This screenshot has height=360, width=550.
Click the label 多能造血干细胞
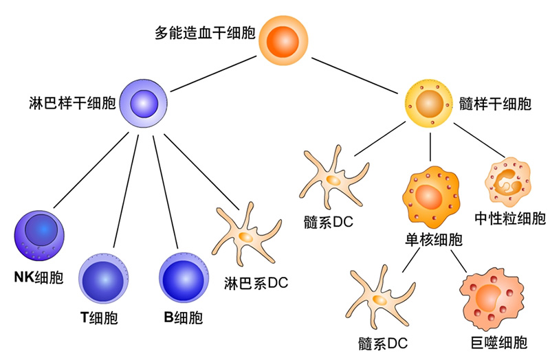tap(205, 33)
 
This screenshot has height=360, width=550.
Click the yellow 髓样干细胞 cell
tap(430, 104)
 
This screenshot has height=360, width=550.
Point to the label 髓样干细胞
tap(494, 104)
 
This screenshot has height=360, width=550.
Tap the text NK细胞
tap(38, 278)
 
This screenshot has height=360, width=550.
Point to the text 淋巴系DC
tap(256, 282)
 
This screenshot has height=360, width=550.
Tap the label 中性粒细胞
tap(510, 219)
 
